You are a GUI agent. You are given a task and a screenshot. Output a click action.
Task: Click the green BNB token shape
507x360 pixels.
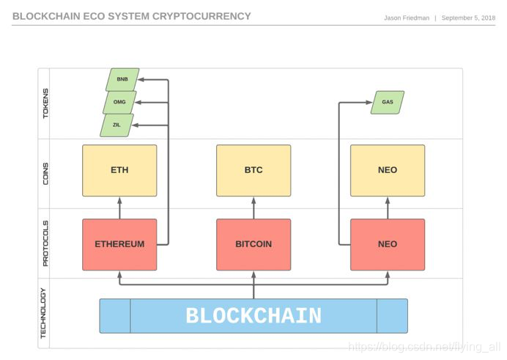(x=122, y=80)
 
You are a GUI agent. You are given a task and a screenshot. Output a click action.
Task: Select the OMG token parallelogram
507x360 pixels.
(x=119, y=102)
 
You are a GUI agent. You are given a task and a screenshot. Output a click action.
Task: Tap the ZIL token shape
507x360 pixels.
(x=116, y=125)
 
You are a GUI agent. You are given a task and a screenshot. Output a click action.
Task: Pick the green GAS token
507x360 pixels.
(x=388, y=102)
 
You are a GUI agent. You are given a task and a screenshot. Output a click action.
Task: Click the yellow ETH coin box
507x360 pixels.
(x=119, y=170)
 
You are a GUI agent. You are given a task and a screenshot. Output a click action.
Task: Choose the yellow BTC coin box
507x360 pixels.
(x=253, y=170)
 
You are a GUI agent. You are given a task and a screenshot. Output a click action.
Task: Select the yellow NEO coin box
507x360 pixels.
(x=388, y=170)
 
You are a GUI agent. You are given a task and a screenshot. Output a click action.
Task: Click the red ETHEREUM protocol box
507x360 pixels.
(x=119, y=245)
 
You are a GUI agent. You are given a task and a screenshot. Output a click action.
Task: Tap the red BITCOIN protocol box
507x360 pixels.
(x=253, y=245)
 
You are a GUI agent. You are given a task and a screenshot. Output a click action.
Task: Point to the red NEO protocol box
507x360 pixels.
(x=388, y=245)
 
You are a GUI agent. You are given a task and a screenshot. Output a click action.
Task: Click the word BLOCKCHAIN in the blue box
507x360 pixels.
(x=253, y=316)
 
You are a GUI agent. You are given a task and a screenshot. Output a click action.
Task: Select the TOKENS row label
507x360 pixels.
(x=45, y=103)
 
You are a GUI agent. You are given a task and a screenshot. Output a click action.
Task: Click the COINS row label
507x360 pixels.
(x=45, y=174)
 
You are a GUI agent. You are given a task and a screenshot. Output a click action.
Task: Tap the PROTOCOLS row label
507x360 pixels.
(x=45, y=243)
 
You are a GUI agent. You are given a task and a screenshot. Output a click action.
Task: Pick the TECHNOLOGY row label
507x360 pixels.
(x=43, y=313)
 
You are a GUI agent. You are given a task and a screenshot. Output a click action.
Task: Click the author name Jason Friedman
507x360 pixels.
(x=407, y=18)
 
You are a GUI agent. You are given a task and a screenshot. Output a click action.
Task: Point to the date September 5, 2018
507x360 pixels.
(x=468, y=18)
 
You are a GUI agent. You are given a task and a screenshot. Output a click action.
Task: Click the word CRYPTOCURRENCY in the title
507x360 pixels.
(x=201, y=16)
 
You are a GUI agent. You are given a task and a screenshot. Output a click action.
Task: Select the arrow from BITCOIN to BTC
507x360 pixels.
(x=253, y=208)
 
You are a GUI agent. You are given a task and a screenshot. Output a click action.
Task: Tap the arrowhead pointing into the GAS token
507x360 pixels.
(x=369, y=103)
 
